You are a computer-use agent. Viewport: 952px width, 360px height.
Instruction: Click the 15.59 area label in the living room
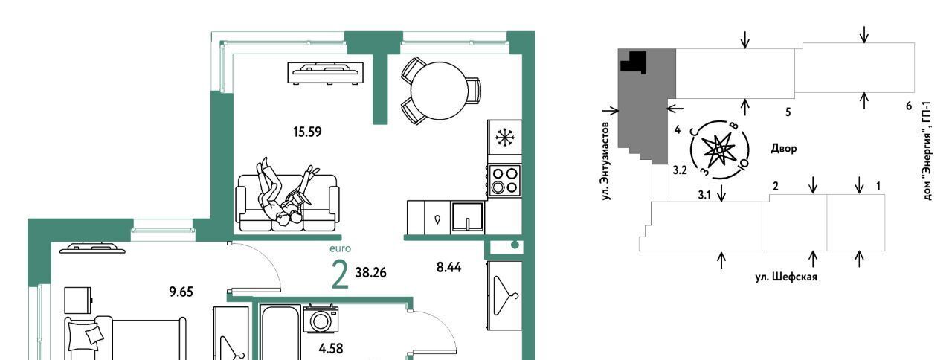pos(307,132)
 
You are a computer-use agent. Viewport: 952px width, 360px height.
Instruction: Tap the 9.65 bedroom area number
pos(181,292)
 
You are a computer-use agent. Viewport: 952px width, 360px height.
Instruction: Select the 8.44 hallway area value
pos(448,267)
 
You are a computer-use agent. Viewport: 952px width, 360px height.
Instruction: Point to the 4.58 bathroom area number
pos(331,349)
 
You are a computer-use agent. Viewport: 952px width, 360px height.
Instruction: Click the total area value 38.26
pos(370,273)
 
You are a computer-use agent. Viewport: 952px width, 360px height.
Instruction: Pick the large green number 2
pos(341,275)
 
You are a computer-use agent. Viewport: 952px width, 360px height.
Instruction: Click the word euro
pos(341,248)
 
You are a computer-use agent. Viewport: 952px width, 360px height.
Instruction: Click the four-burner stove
pos(504,180)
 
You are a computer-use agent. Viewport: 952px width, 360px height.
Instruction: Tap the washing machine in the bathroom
pos(321,319)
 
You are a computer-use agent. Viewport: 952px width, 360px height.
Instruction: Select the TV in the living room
pos(326,73)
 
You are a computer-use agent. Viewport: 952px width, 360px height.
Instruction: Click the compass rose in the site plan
pos(719,150)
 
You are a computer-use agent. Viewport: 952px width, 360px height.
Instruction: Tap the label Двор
pos(784,148)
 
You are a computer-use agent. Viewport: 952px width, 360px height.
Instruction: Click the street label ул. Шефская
pos(786,277)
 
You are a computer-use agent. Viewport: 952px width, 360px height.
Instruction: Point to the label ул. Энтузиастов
pos(606,161)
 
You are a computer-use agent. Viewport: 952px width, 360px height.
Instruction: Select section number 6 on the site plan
pos(909,106)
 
